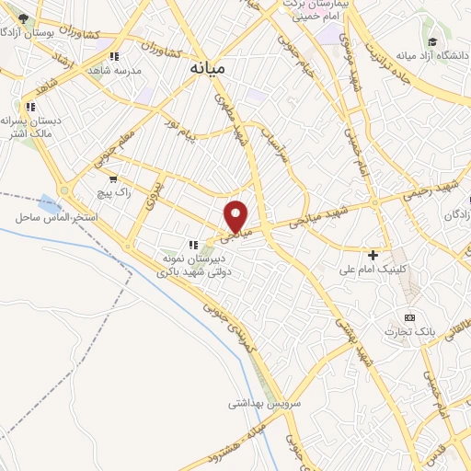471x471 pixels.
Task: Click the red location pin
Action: click(236, 215)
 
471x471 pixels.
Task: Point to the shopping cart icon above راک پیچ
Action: click(113, 178)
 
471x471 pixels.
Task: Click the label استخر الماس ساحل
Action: click(50, 217)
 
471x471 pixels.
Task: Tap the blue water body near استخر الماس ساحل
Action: click(47, 200)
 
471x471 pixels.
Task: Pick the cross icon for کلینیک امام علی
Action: click(373, 254)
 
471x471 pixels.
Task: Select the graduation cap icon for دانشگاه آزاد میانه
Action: click(431, 42)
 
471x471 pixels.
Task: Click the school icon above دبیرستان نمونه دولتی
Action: click(193, 245)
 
